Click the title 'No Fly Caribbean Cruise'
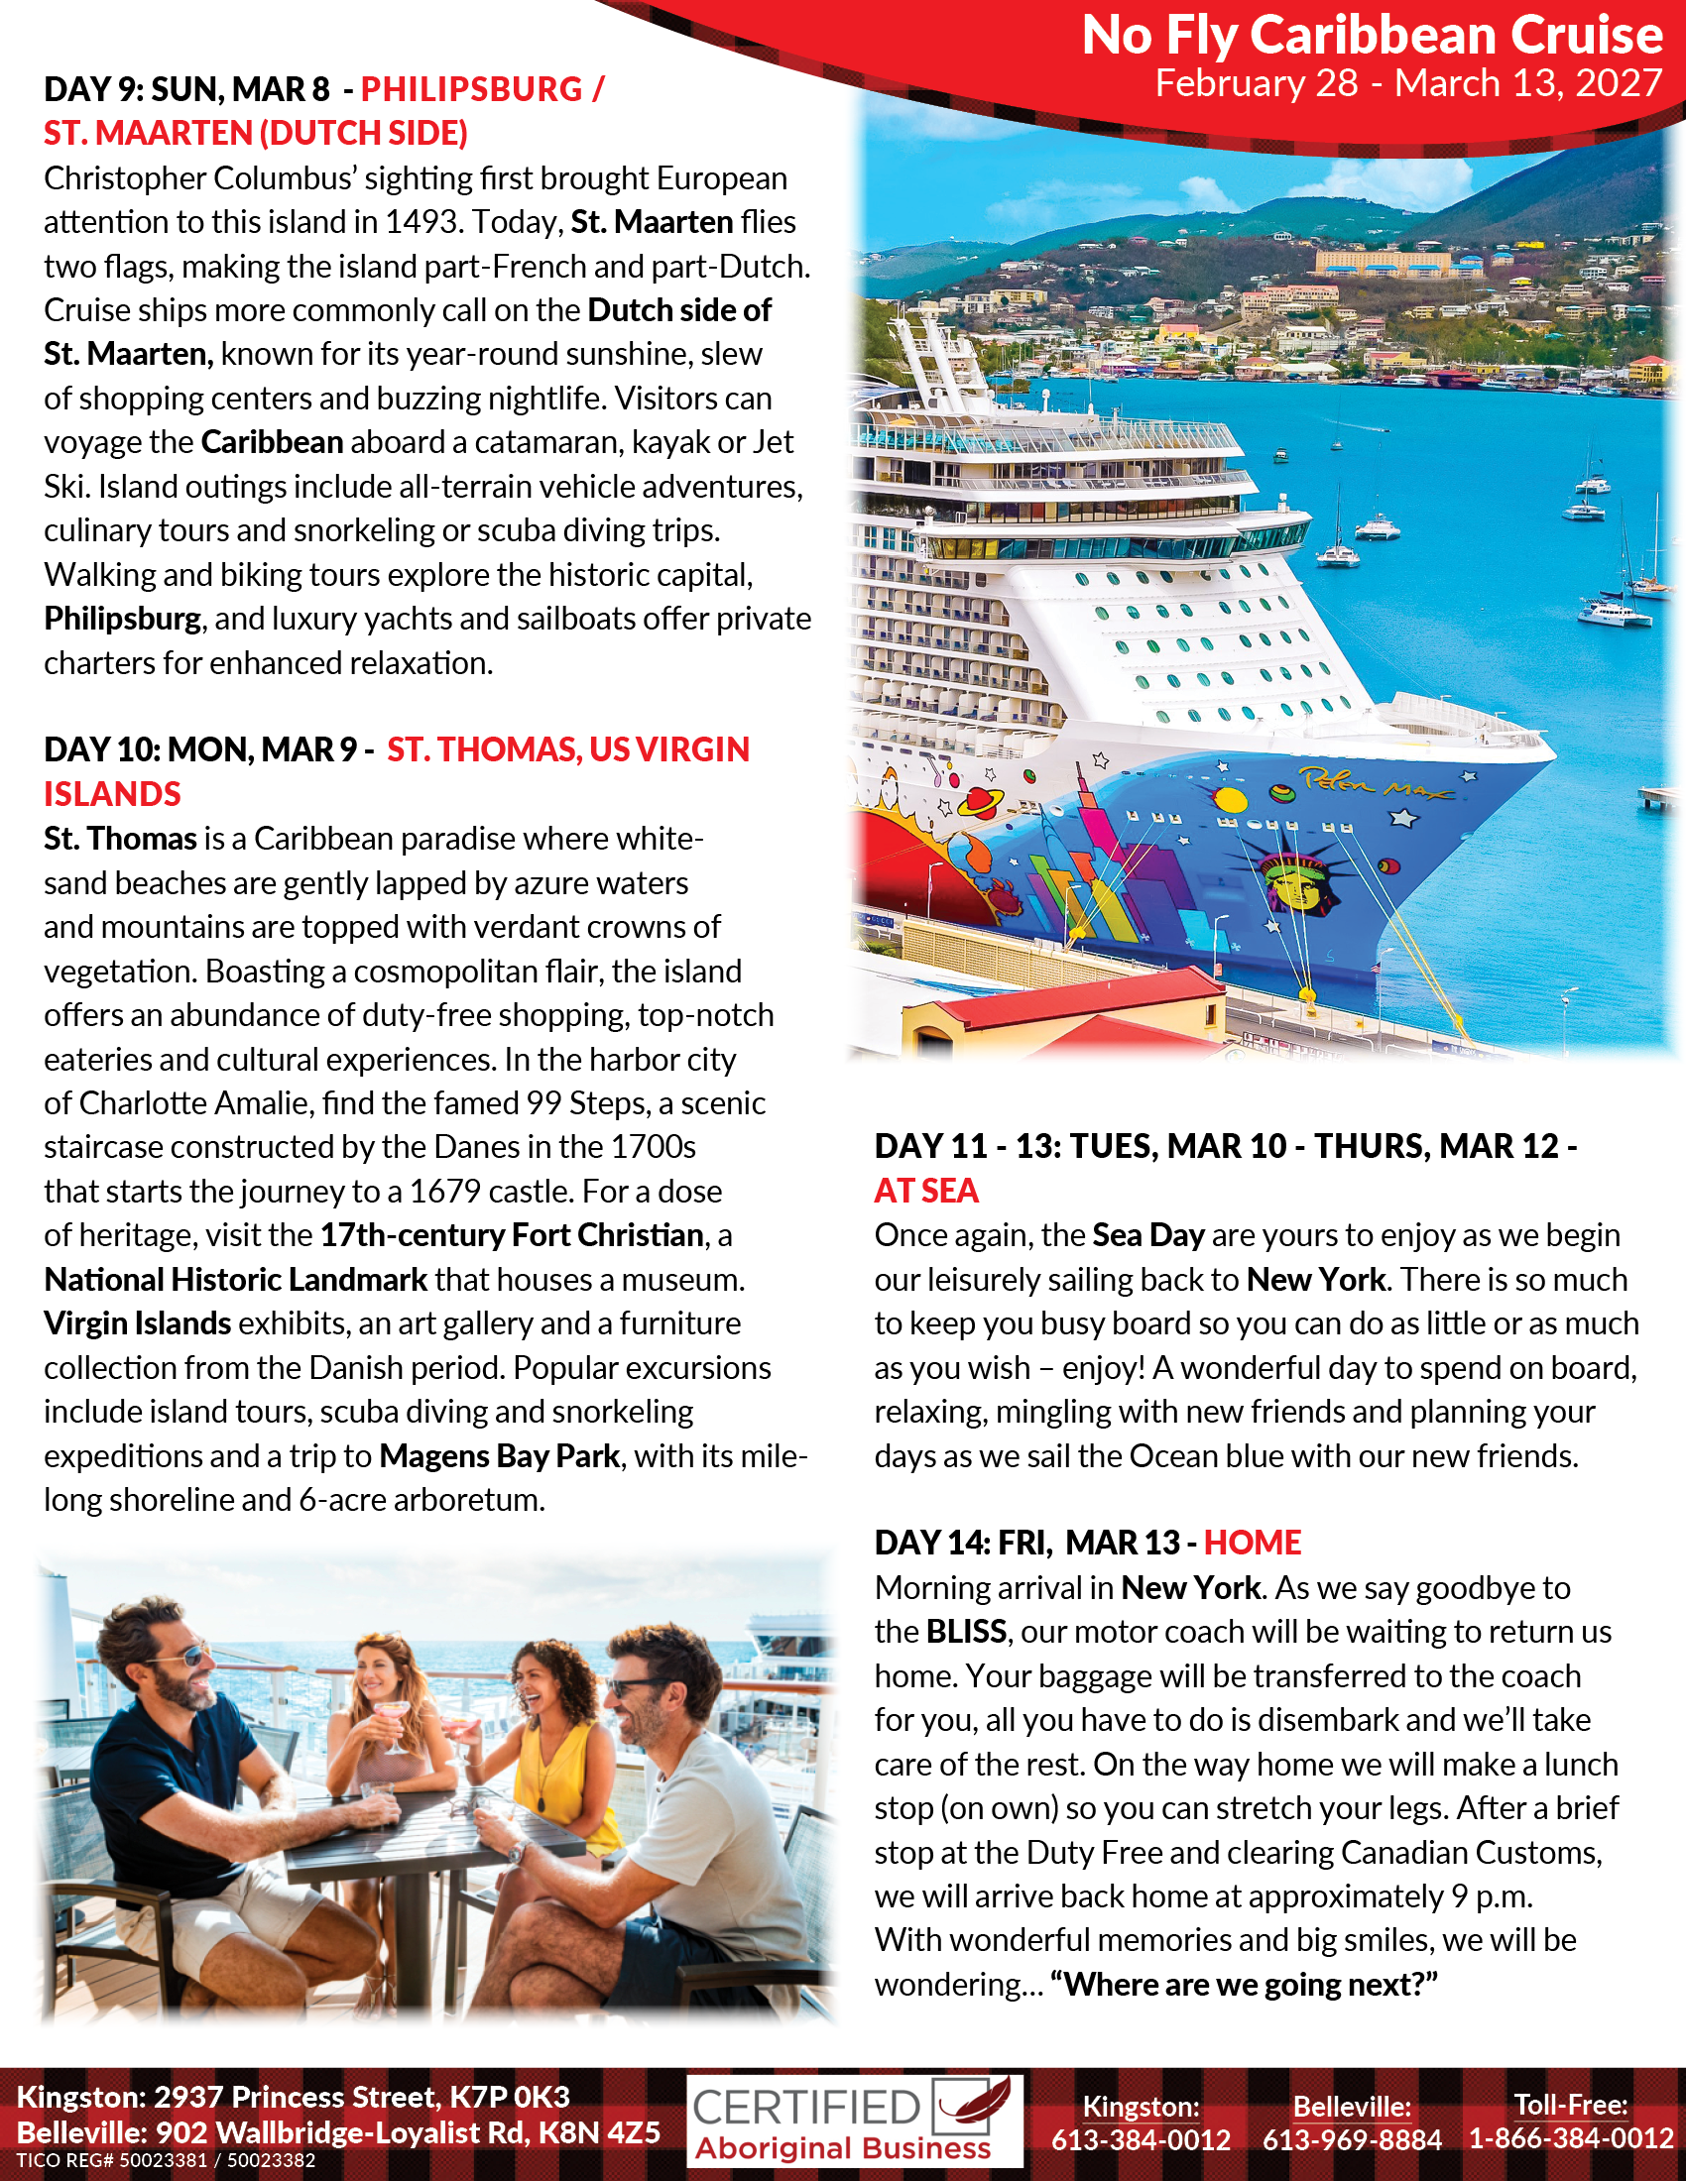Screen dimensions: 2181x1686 point(1372,36)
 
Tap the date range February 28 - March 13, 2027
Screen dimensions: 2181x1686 point(1407,84)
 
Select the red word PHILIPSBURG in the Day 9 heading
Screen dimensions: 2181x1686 point(471,90)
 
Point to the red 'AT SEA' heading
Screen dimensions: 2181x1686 point(926,1191)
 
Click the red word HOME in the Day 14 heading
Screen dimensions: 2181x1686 point(1252,1543)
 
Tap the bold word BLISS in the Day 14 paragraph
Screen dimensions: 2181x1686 point(965,1632)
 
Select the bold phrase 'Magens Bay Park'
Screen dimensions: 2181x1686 point(500,1456)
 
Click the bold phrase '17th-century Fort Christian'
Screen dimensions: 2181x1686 point(512,1235)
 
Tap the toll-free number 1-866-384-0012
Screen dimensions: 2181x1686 point(1570,2138)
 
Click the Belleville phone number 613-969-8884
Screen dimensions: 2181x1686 point(1352,2139)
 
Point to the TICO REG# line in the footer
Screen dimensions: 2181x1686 point(166,2161)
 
